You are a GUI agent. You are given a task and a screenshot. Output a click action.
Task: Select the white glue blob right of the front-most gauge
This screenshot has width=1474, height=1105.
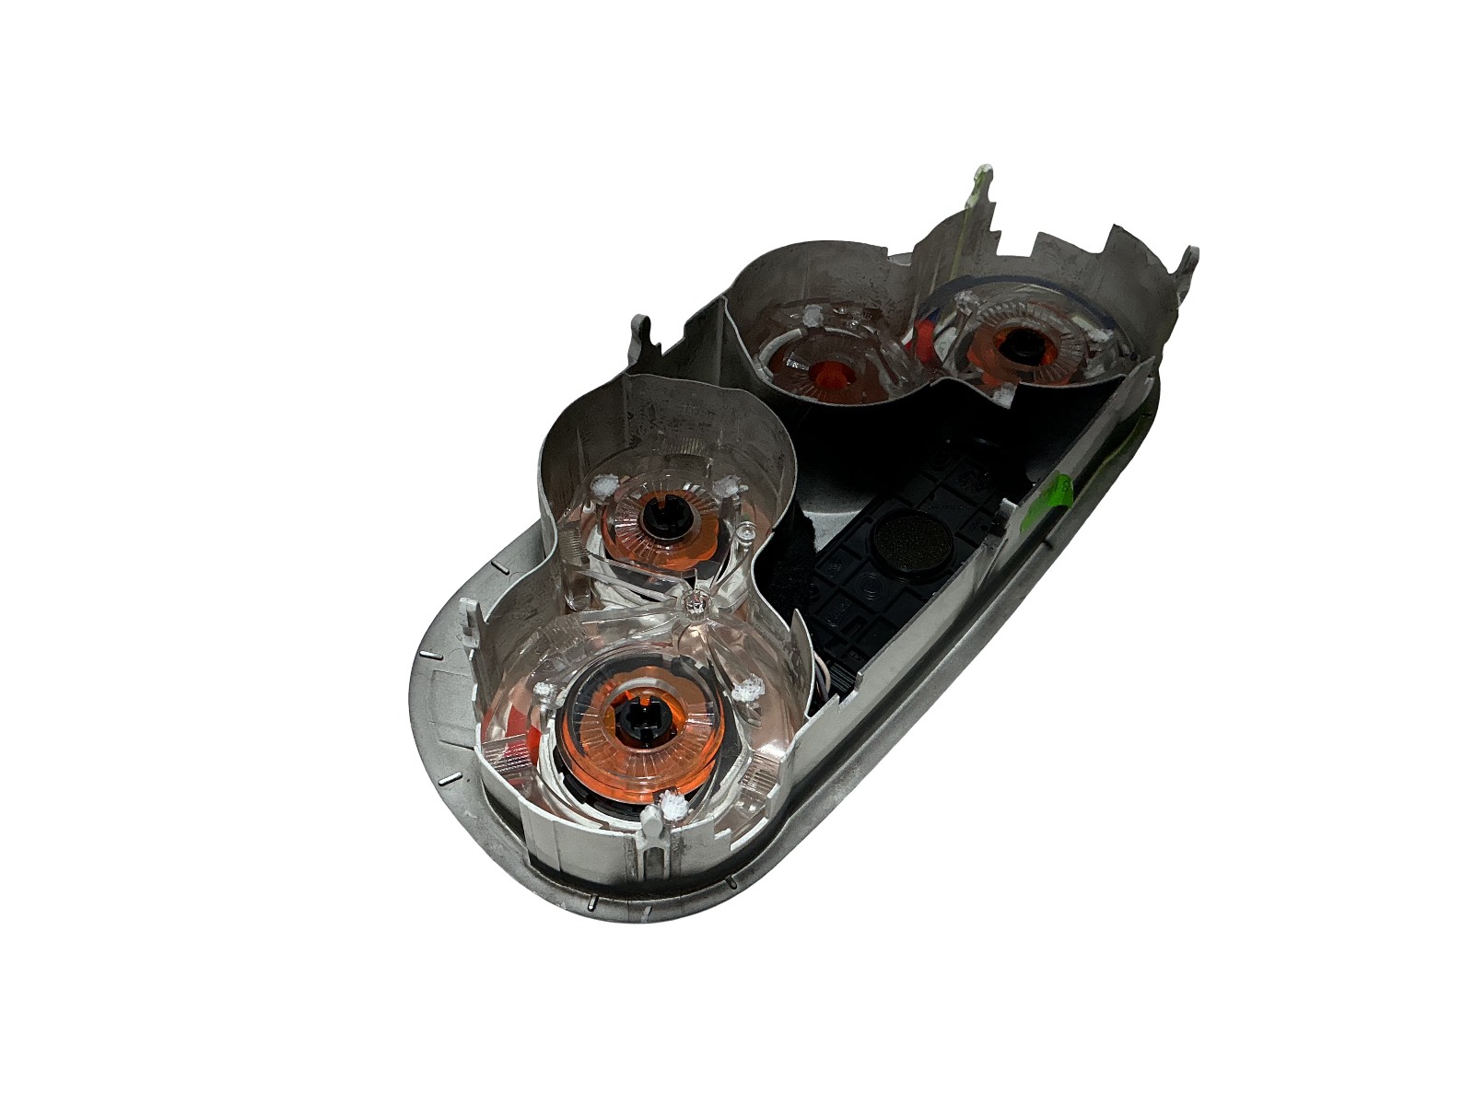pos(754,687)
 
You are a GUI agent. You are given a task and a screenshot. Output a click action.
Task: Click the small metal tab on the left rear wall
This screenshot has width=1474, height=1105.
pos(643,333)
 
